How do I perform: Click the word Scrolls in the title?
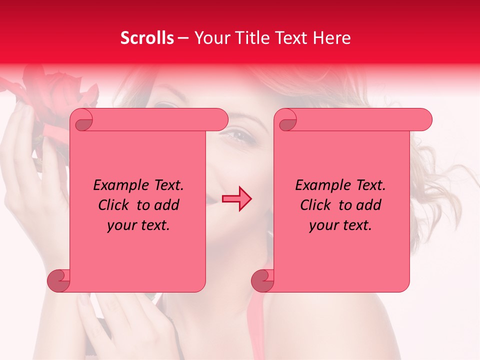[147, 38]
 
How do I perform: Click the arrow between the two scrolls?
[237, 199]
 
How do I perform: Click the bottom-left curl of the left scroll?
[58, 281]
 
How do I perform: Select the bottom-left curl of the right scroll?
[262, 281]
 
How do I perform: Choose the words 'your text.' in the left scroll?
[138, 225]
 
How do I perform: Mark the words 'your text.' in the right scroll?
[340, 225]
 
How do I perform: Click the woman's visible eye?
[238, 134]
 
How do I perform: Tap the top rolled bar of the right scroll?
[360, 120]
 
